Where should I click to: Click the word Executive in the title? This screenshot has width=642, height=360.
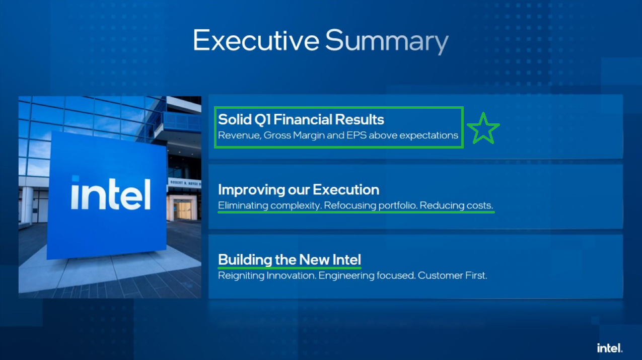[x=256, y=40]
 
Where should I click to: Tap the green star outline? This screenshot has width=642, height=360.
[x=483, y=128]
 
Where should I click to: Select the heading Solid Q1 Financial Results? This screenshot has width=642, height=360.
[x=301, y=119]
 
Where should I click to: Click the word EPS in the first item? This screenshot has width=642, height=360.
[x=356, y=135]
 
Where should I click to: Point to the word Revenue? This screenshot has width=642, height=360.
[x=240, y=135]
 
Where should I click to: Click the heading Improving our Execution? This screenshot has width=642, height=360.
[x=299, y=190]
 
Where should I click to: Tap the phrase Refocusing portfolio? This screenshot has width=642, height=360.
[x=371, y=205]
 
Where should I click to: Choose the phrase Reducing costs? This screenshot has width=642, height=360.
[x=456, y=205]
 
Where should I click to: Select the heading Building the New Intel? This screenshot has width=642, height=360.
[x=290, y=260]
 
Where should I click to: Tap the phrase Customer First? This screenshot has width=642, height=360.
[x=452, y=275]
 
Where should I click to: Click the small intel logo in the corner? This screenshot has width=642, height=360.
[x=610, y=348]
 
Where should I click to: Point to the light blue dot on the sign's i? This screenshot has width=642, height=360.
[x=75, y=178]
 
